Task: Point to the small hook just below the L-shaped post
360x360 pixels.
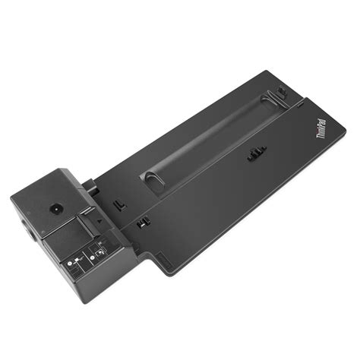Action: click(x=142, y=223)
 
